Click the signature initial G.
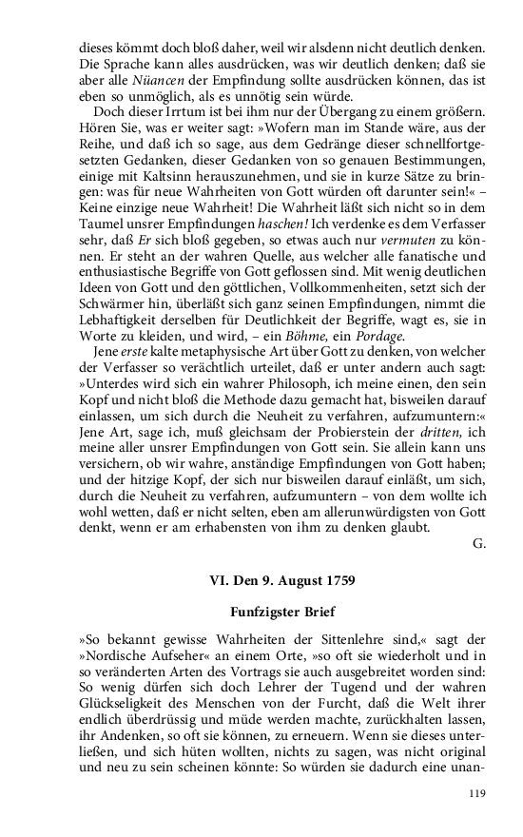478,545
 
